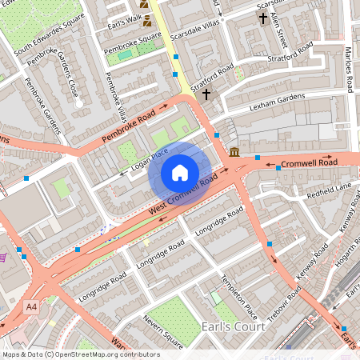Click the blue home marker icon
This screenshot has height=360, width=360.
pyautogui.click(x=180, y=172)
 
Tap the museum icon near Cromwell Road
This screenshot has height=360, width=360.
pyautogui.click(x=234, y=152)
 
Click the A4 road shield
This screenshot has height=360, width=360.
pyautogui.click(x=31, y=306)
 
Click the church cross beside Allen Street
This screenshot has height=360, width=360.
pyautogui.click(x=262, y=18)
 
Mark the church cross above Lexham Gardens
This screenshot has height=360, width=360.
pyautogui.click(x=206, y=94)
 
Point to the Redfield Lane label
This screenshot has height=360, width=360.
pyautogui.click(x=329, y=187)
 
